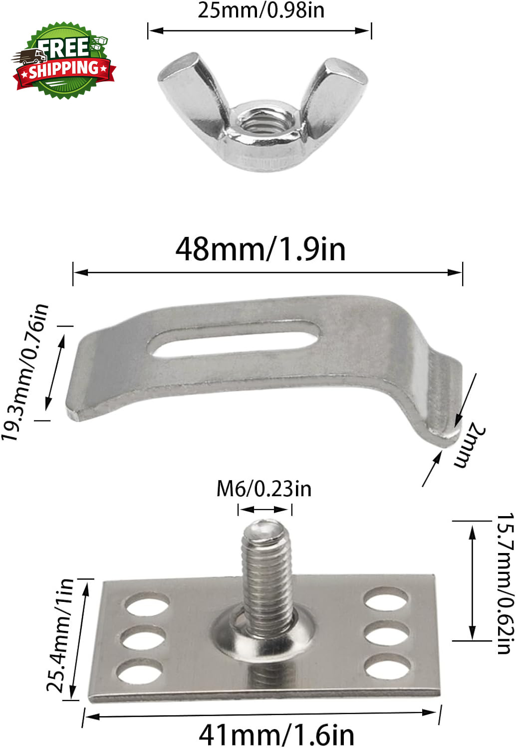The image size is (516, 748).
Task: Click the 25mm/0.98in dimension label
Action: tap(261, 10)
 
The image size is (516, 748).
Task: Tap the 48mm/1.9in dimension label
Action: tap(260, 249)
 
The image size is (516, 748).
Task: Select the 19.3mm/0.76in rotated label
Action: tap(25, 372)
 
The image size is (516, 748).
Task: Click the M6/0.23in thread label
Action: tap(263, 489)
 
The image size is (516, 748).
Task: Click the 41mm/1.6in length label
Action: tap(276, 735)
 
